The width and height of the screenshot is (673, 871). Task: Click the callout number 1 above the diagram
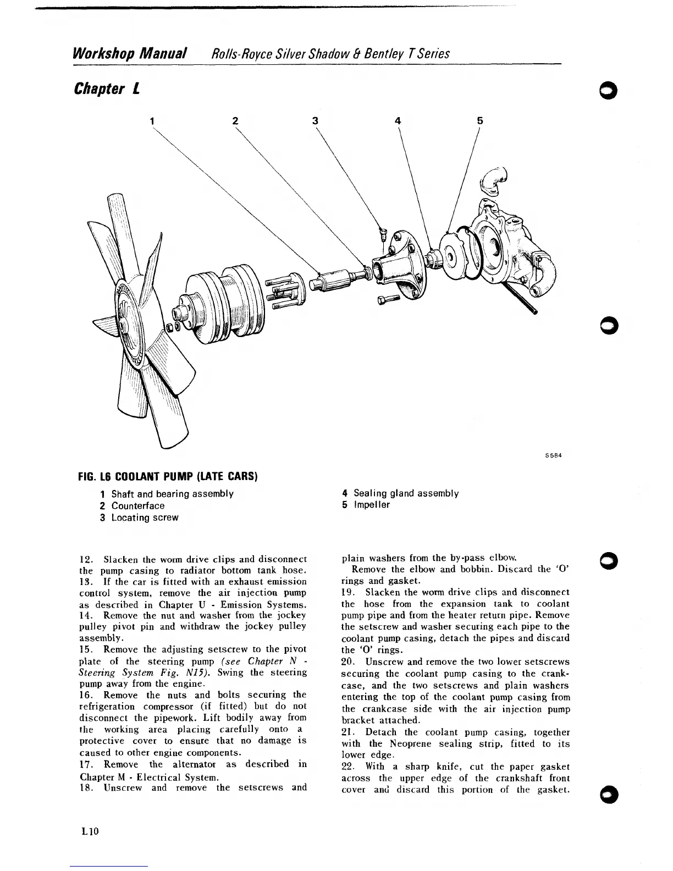[152, 121]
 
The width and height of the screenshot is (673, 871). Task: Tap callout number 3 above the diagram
[316, 121]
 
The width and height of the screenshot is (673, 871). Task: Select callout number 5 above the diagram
[479, 121]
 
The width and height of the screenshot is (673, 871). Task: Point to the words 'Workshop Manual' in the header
[129, 54]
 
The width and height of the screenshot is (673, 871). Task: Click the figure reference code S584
[553, 455]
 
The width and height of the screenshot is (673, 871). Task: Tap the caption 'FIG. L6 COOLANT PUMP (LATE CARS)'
[169, 476]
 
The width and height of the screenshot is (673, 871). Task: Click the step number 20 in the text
[350, 662]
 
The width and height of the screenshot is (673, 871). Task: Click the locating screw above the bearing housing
[383, 234]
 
